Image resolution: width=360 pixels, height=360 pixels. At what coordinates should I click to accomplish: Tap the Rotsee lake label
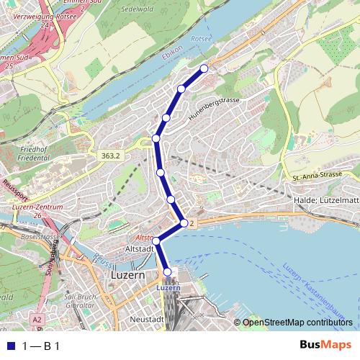pos(199,38)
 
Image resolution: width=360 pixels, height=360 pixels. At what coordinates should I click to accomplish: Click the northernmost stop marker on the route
pos(204,68)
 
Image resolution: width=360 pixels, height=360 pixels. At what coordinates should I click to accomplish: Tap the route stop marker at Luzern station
pos(168,271)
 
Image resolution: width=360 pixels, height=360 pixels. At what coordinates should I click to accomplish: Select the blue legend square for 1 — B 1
pos(9,346)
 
